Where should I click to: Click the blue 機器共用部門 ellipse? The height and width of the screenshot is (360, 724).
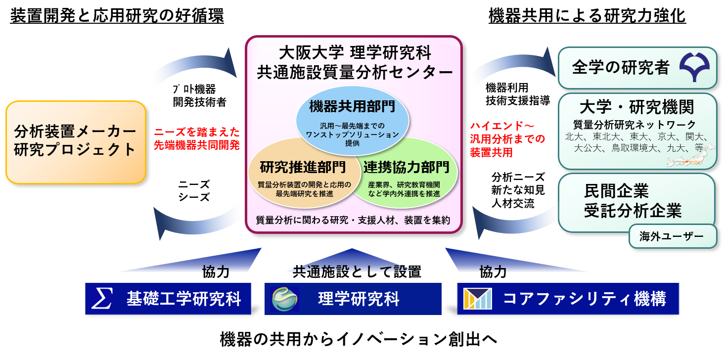pos(352,120)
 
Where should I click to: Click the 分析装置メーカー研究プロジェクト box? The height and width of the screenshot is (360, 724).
pos(76,142)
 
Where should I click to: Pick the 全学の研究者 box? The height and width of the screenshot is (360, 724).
pos(637,68)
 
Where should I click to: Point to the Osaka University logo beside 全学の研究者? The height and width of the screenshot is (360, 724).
pos(694,67)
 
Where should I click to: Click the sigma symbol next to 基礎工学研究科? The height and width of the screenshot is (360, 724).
pos(102,298)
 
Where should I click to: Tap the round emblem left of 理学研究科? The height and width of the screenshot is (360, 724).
pos(284,299)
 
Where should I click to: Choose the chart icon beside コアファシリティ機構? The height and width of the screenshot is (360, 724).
pos(478,299)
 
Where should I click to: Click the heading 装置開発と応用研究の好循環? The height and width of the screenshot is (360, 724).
pos(117,15)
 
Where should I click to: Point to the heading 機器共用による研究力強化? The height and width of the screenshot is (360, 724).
pos(588,15)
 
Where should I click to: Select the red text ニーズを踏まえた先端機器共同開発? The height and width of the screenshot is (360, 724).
pos(196,138)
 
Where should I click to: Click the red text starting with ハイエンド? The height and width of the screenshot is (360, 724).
pos(507,139)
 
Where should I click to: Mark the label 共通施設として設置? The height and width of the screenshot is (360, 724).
pos(357,272)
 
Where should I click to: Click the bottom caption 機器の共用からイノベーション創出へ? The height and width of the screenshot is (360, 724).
pos(359,339)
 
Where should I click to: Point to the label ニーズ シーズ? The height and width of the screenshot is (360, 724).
pos(194,191)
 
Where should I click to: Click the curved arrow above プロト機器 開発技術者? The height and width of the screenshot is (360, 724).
pos(198,61)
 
